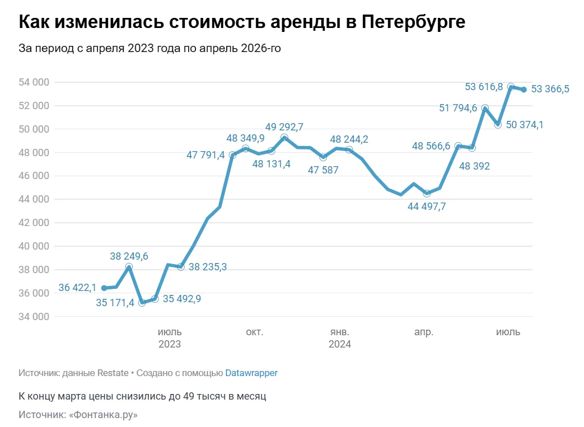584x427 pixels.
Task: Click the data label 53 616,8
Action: click(x=484, y=86)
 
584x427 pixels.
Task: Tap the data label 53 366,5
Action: click(x=550, y=89)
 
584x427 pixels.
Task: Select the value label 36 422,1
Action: click(x=77, y=288)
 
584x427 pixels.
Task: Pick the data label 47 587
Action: click(x=323, y=170)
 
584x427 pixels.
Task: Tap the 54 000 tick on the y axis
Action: click(x=34, y=82)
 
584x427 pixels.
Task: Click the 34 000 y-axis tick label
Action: click(x=34, y=317)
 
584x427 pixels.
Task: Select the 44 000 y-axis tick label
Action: click(x=34, y=199)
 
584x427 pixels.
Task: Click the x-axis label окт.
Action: click(x=254, y=332)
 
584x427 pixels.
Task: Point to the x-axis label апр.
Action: click(x=424, y=332)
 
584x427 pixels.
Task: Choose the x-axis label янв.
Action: click(x=339, y=332)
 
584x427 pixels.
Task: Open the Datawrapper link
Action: click(x=251, y=373)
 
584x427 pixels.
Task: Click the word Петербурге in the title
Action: click(x=414, y=22)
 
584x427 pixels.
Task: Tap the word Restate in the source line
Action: click(x=113, y=373)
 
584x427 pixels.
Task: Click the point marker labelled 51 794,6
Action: click(x=485, y=108)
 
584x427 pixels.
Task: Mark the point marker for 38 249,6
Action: click(x=129, y=268)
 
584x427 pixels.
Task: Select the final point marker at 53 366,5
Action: click(x=524, y=90)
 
